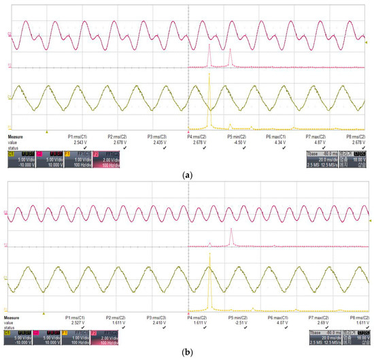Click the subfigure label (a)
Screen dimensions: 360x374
click(186, 175)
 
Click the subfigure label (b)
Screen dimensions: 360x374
click(186, 353)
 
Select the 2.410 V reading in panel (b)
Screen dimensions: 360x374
click(157, 322)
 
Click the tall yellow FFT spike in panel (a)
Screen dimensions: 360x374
click(210, 102)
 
